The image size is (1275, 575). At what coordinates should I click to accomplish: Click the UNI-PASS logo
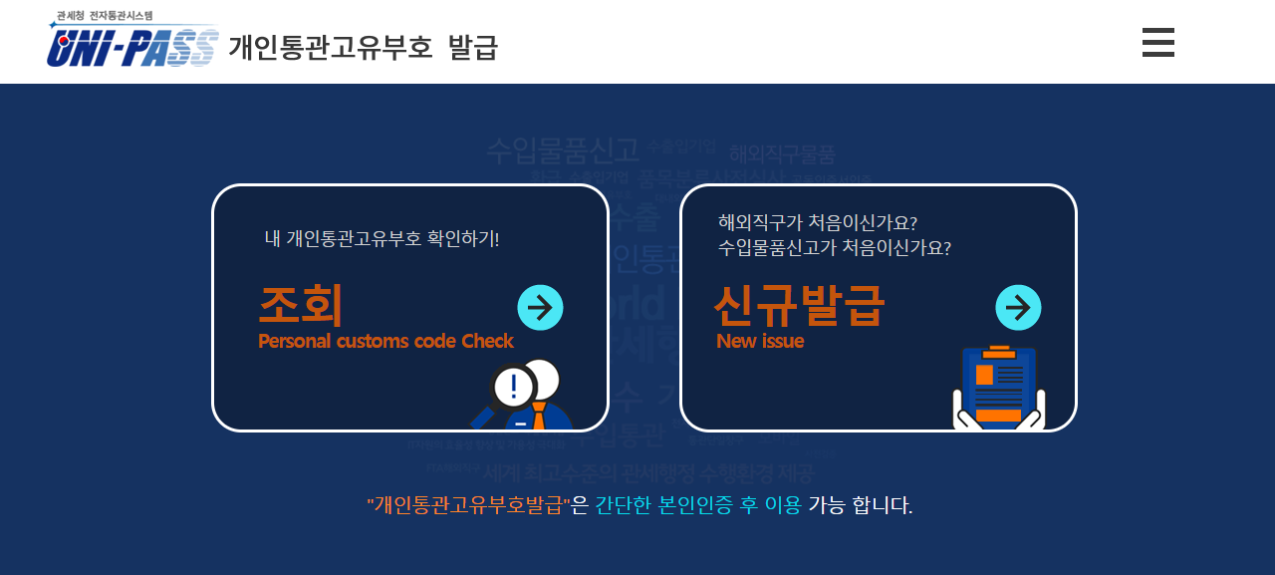pos(132,46)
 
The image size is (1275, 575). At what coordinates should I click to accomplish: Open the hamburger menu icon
pos(1157,43)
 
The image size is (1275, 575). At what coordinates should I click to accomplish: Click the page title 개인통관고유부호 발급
pos(363,47)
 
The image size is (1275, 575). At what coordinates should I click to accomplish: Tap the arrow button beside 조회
pos(540,308)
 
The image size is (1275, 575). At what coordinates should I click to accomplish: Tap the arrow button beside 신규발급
pos(1018,308)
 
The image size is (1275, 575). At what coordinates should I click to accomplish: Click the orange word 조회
pos(300,305)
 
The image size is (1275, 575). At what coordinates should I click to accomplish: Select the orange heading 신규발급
pos(799,305)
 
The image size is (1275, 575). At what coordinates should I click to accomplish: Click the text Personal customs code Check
pos(385,341)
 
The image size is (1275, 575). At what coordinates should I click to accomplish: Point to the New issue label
pos(760,341)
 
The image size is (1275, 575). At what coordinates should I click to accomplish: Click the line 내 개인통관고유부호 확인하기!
pos(382,238)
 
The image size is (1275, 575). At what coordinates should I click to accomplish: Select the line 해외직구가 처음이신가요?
pos(817,221)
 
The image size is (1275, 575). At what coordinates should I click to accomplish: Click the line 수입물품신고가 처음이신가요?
pos(834,247)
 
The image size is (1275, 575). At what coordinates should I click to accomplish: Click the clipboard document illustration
pos(998,389)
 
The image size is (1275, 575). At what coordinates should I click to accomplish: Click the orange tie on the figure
pos(539,417)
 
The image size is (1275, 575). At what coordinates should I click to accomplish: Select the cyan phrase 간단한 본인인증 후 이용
pos(697,505)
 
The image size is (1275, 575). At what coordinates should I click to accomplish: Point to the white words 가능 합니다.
pos(860,505)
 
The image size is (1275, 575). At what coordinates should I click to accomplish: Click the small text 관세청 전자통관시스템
pos(104,16)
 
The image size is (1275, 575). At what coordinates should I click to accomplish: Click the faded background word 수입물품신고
pos(562,150)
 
